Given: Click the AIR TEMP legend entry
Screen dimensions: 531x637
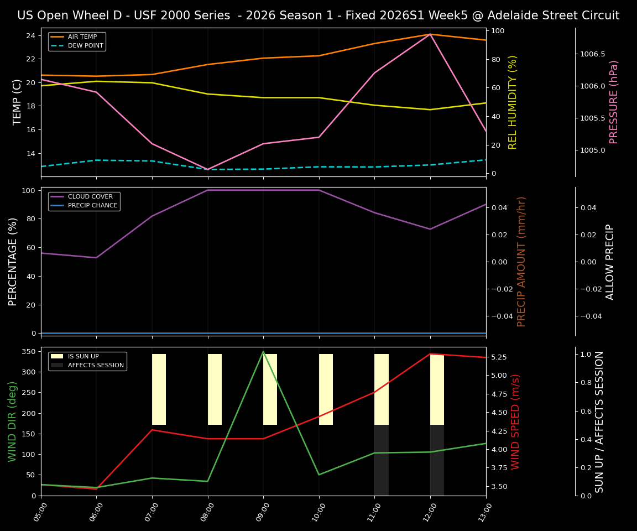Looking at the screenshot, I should point(82,37).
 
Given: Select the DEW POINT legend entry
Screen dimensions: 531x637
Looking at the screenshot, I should point(85,46).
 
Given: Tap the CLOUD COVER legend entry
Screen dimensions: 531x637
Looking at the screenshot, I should point(90,197).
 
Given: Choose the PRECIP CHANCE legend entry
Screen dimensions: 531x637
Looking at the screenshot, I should point(92,206).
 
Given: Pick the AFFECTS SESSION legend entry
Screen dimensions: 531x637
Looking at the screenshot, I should point(96,366).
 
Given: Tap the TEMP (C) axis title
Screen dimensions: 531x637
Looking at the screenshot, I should point(17,102).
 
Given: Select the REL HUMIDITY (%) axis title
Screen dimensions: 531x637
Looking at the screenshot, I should point(513,102).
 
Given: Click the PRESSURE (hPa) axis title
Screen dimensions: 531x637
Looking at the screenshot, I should point(614,102).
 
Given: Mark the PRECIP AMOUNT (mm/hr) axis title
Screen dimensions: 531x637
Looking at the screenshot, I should point(521,261).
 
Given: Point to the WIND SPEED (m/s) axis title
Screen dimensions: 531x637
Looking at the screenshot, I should point(515,421).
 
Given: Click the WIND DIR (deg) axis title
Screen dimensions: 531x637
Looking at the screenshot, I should point(12,421).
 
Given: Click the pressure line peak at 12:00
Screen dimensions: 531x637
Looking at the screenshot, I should point(430,34).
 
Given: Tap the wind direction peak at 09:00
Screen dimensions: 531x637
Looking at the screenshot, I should point(263,351).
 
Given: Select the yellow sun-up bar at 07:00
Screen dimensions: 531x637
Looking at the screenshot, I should point(159,389).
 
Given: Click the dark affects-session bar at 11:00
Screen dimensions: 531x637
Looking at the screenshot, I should point(382,460).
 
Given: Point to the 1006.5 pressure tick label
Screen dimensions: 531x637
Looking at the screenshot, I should point(593,54).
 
